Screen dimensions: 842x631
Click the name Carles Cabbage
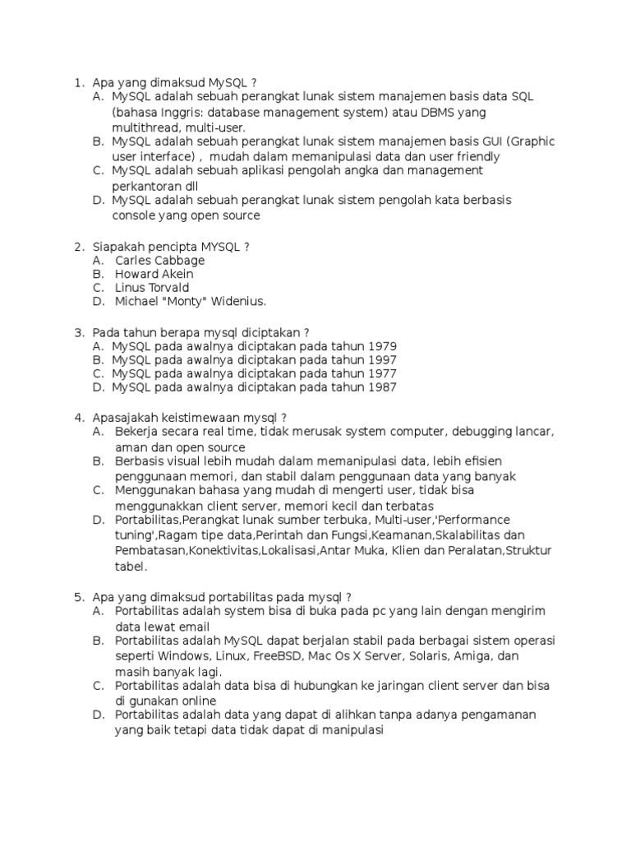[x=160, y=260]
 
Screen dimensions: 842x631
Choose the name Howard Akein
[x=154, y=274]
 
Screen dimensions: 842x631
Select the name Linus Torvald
[x=152, y=288]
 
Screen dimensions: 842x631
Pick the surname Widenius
[x=238, y=302]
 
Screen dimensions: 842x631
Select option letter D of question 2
[x=98, y=302]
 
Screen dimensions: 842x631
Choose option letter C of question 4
[x=98, y=490]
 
